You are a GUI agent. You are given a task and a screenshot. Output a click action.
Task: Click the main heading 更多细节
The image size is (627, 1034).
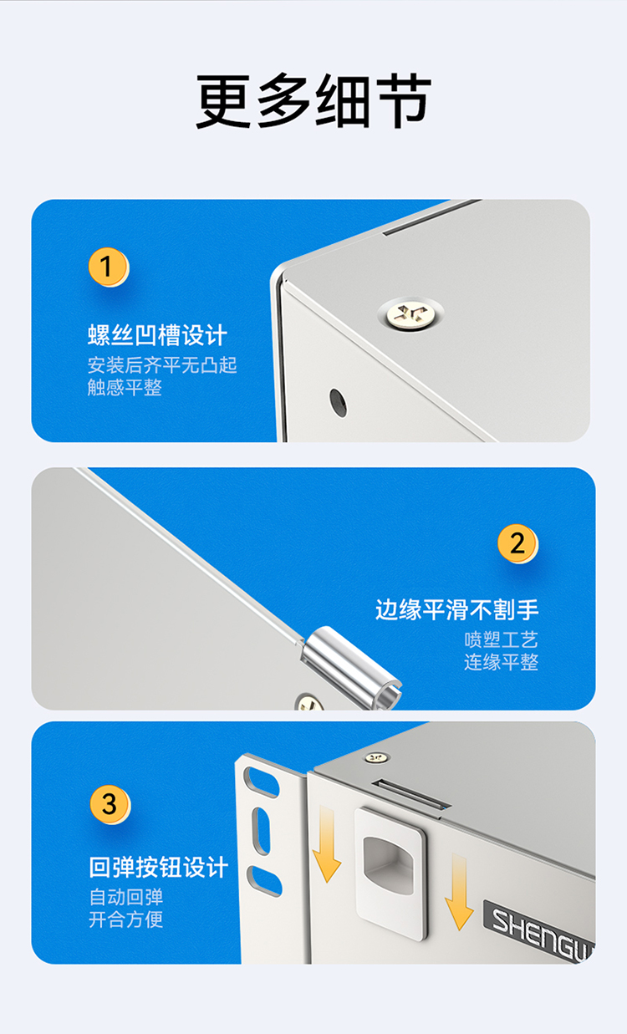tap(313, 100)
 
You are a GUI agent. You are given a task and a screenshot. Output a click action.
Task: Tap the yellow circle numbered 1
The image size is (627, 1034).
tap(108, 267)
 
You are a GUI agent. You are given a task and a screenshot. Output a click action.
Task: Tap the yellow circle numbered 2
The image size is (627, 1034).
tap(517, 543)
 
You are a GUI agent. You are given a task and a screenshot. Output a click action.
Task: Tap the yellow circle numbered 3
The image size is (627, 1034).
tap(110, 804)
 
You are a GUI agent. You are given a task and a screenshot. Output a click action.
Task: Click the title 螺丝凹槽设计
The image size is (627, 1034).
tap(157, 335)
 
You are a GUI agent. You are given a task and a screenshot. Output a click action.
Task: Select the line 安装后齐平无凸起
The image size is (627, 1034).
tap(162, 365)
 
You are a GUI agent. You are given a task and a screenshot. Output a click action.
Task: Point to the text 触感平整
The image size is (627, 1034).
tap(125, 387)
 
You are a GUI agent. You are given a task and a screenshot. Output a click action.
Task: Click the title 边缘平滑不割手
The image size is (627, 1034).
tap(457, 609)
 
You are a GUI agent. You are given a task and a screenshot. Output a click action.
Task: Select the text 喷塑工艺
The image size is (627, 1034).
tap(502, 639)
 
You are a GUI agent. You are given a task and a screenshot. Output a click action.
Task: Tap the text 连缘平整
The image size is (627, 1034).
tap(502, 662)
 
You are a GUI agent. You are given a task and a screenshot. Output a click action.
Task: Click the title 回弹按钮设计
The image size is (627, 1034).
tap(159, 867)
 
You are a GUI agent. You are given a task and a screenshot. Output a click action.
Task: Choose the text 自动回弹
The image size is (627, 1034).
tap(126, 897)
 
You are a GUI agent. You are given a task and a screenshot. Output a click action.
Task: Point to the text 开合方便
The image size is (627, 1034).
tap(126, 919)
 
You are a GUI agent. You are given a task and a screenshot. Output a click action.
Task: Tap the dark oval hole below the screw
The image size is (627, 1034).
tap(338, 403)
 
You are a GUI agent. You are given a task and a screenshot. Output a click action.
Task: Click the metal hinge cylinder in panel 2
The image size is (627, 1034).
tap(351, 668)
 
